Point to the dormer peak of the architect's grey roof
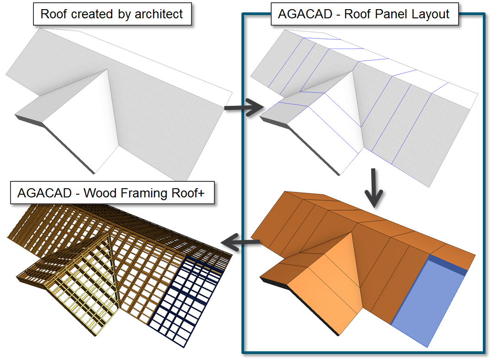pyautogui.click(x=107, y=70)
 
